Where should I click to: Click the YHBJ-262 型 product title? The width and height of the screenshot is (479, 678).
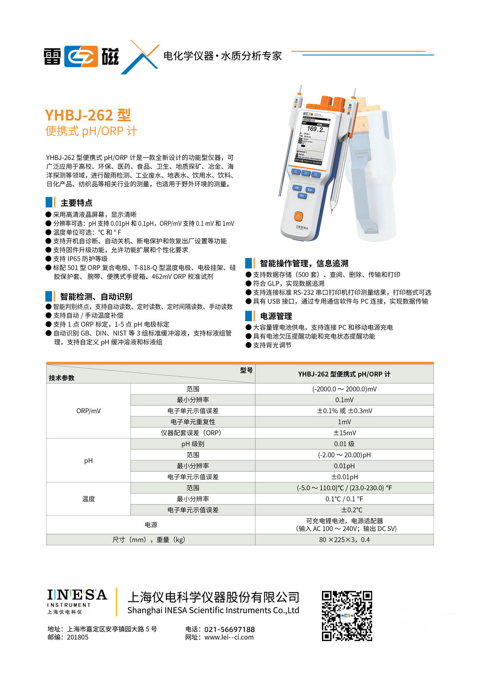pos(88,115)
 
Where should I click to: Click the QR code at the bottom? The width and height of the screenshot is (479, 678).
pos(347,616)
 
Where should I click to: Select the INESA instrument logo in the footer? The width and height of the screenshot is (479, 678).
pos(77,601)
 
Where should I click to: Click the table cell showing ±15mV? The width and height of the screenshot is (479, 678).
pos(344,433)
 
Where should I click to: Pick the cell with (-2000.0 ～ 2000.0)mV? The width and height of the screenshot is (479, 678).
pos(344,389)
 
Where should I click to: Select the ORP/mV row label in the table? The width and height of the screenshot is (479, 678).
pos(89,411)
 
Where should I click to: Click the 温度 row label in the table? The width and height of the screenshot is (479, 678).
pos(89,499)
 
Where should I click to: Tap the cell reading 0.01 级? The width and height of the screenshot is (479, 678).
pos(344,444)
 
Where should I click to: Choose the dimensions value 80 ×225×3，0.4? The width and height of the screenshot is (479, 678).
pos(344,540)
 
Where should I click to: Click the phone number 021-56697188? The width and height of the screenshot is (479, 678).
pos(229,629)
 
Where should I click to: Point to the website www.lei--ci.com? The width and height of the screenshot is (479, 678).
pos(229,637)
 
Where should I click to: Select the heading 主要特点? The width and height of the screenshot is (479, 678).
pos(77,203)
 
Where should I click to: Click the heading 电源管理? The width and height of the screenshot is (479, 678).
pos(276,316)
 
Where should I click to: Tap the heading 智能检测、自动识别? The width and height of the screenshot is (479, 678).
pos(96,297)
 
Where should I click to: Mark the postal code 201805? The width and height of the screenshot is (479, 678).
pos(78,637)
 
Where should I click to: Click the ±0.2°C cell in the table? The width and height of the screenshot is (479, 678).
pos(344,510)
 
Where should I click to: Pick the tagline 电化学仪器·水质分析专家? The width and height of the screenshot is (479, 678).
pos(223,56)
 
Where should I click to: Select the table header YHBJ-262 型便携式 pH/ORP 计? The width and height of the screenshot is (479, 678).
pos(344,374)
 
